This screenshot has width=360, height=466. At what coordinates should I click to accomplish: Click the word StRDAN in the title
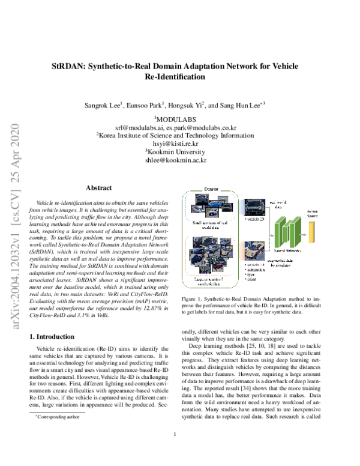click(x=68, y=67)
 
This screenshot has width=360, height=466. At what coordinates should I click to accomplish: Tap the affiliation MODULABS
click(x=181, y=119)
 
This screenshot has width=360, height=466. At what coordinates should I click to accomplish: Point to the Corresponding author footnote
click(x=53, y=416)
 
